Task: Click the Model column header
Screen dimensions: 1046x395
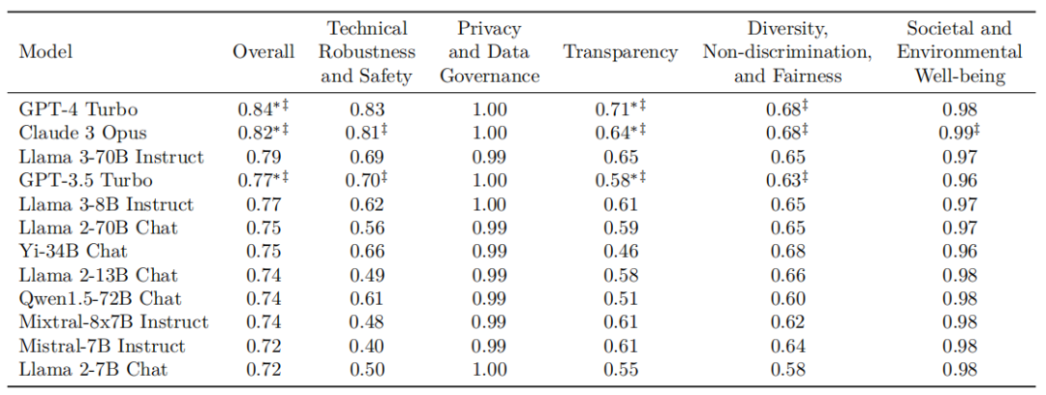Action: [46, 52]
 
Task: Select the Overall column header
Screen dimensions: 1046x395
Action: [263, 52]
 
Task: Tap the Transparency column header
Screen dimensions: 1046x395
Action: [621, 52]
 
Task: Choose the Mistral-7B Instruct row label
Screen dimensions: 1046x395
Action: [102, 346]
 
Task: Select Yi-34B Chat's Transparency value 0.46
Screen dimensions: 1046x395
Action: [621, 252]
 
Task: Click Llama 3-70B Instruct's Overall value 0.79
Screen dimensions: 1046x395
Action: [263, 158]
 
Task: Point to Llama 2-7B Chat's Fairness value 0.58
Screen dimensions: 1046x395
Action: [787, 369]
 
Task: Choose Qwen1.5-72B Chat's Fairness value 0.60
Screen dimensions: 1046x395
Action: [787, 298]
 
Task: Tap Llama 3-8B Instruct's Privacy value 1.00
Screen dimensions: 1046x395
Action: [489, 204]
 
